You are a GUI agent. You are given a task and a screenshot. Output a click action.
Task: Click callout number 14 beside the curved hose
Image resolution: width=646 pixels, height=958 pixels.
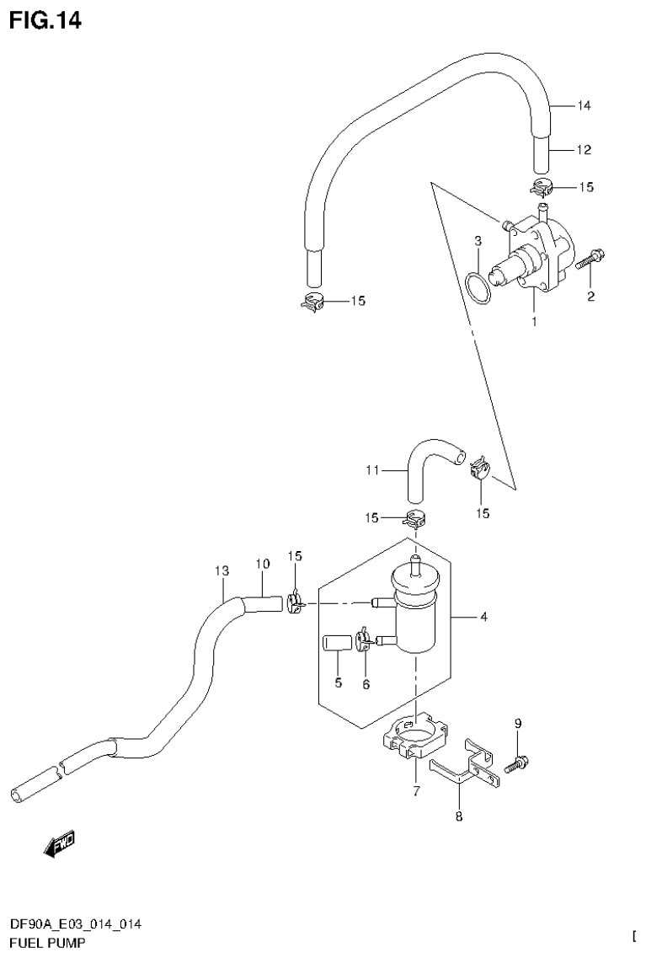[584, 106]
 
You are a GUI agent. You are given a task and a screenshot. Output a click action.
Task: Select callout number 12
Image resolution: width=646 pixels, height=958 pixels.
[584, 150]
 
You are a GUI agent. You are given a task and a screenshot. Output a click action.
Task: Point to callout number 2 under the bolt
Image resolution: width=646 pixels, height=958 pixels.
[590, 297]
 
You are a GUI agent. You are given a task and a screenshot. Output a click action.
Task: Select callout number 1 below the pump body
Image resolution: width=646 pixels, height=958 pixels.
[533, 321]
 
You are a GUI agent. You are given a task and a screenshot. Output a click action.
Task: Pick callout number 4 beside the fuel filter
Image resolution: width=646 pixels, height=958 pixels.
[483, 618]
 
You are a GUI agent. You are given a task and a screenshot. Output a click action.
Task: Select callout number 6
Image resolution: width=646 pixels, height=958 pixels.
[366, 684]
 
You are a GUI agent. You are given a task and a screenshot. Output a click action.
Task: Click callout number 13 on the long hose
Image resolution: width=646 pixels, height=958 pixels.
[222, 571]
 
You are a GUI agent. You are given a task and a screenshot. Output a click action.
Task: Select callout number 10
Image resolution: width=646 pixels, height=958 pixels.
[261, 564]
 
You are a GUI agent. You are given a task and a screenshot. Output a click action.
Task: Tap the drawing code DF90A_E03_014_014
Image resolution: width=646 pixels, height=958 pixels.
[76, 924]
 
